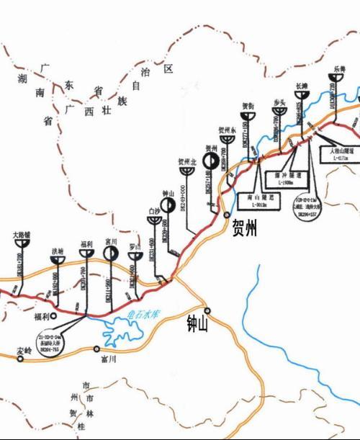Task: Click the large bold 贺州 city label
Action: coord(244,230)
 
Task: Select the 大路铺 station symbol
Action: coord(22,243)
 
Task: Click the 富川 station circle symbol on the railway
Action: coord(109,253)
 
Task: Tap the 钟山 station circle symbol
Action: coord(167,205)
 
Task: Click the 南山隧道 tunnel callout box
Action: coord(256,199)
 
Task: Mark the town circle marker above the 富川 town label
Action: coord(96,349)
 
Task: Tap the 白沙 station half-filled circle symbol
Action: coord(153,220)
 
